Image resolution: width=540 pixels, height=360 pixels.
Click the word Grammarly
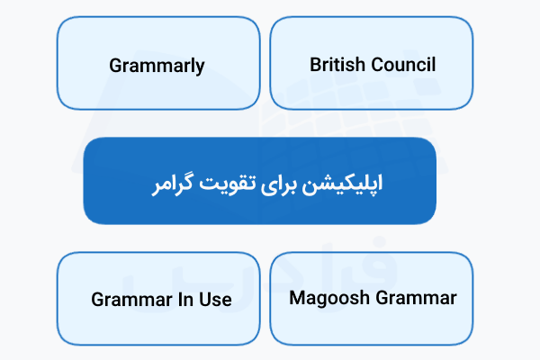click(157, 66)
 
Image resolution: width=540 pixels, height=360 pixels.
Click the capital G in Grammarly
click(115, 66)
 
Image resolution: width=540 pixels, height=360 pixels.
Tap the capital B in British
click(315, 65)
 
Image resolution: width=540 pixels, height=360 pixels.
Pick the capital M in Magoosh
click(297, 298)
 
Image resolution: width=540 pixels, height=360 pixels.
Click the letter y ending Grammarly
click(200, 67)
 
